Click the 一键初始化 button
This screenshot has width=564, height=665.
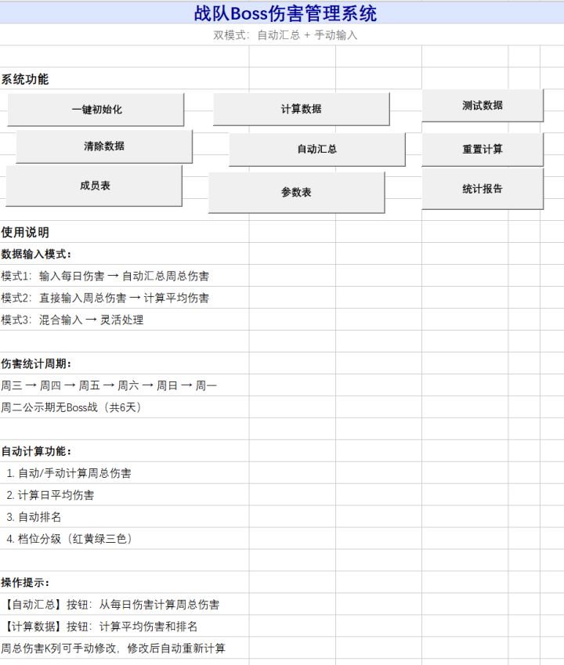tap(96, 110)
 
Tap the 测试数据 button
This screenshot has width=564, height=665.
tap(483, 105)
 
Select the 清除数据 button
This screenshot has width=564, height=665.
tap(104, 146)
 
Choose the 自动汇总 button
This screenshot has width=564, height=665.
tap(317, 150)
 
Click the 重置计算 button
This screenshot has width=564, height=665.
tap(483, 150)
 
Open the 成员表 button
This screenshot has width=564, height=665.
tap(94, 186)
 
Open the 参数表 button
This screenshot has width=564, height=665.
tap(296, 192)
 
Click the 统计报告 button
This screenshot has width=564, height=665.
tap(483, 189)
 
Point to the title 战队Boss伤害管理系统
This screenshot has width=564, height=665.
tap(285, 13)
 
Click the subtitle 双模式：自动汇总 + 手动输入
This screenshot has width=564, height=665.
tap(285, 35)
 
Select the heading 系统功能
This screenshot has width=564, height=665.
tap(25, 79)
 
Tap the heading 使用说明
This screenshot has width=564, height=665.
tap(25, 233)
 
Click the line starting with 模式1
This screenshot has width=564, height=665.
tap(105, 276)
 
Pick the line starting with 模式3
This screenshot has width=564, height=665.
tap(73, 320)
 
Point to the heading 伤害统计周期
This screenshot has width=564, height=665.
tap(36, 363)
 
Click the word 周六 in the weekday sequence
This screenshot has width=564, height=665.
tap(128, 385)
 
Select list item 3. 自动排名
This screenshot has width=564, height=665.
tap(34, 517)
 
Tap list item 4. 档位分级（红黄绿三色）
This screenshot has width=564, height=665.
tap(70, 539)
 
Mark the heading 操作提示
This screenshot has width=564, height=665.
tap(25, 582)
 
